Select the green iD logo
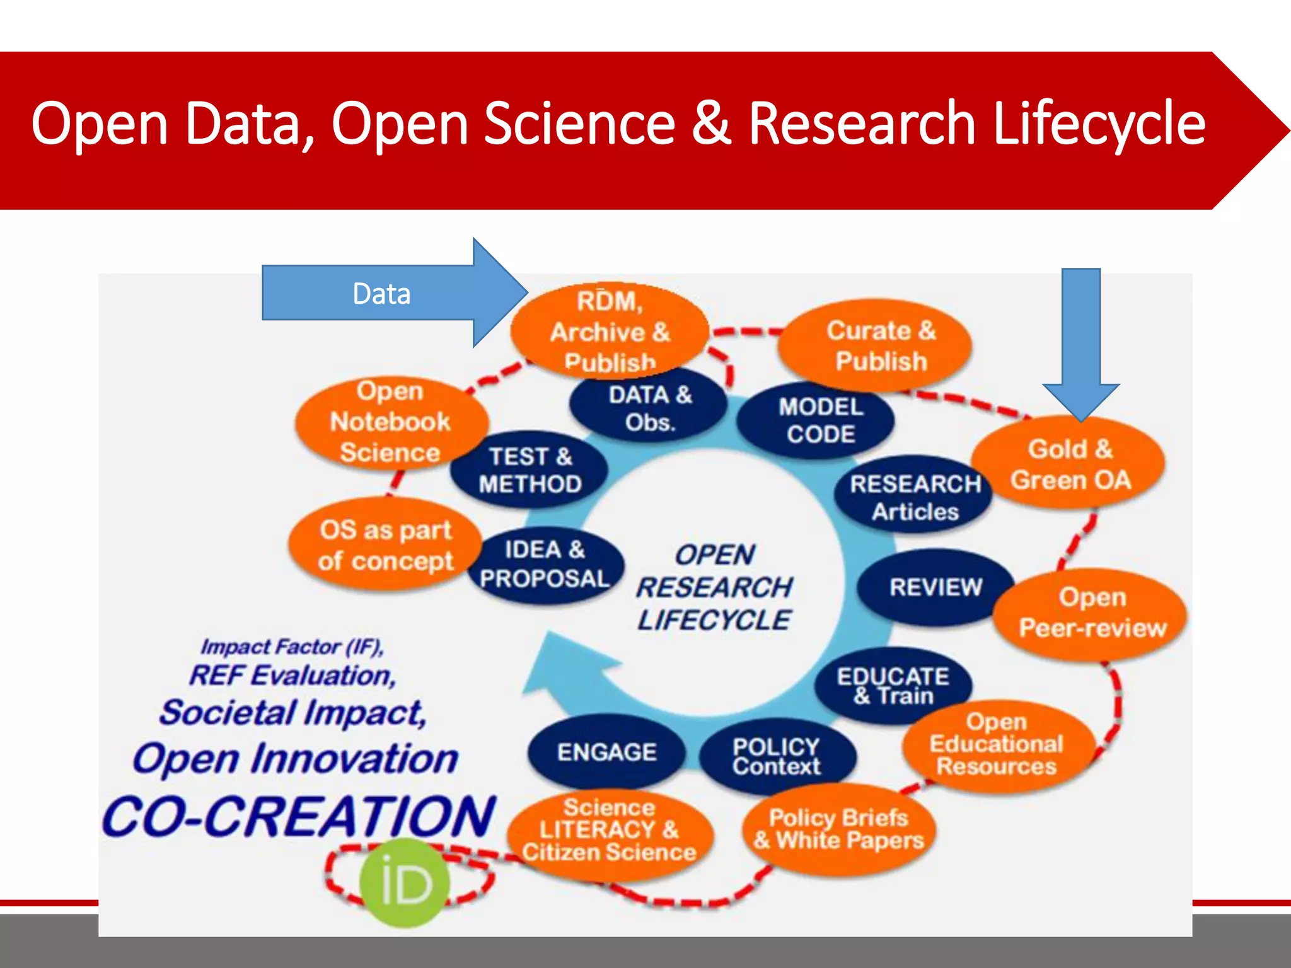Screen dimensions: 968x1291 click(405, 883)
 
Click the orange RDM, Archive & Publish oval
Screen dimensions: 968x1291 click(609, 331)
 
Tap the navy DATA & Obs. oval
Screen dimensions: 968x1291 click(649, 408)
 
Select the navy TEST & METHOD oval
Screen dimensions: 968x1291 click(530, 470)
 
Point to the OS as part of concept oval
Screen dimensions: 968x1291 click(385, 545)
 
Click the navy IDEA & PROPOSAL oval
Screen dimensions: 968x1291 click(545, 565)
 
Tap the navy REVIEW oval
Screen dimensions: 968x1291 click(935, 587)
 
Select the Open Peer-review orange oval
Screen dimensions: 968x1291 click(1092, 613)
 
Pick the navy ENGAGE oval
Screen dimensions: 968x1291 click(606, 752)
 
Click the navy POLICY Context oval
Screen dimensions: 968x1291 click(777, 755)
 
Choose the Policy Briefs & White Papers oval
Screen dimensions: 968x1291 click(838, 829)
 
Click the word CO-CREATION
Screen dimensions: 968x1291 click(299, 817)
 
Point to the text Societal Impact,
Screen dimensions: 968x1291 click(293, 713)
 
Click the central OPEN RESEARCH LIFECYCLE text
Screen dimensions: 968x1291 click(714, 587)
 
